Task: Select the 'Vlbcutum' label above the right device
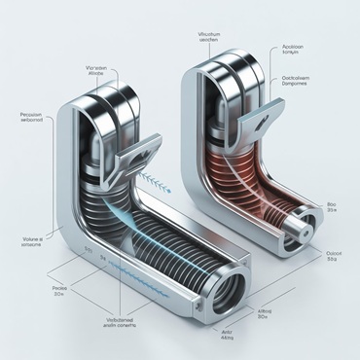pos(209,38)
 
